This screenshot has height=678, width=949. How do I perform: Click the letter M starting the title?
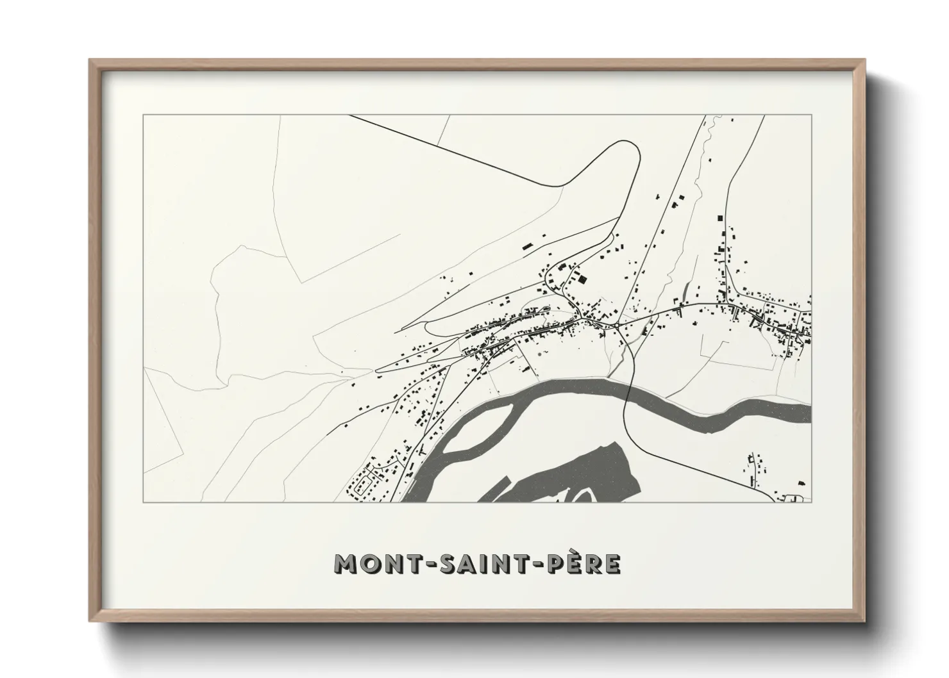tap(346, 564)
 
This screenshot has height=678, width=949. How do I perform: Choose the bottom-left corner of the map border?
tap(144, 502)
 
